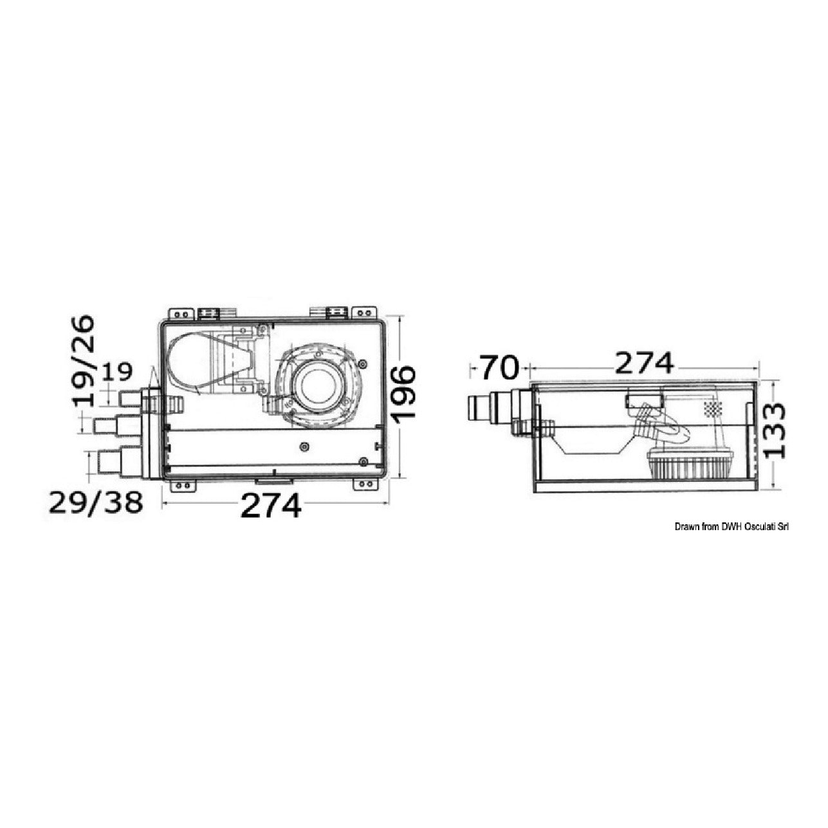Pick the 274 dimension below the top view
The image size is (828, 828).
[x=271, y=505]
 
